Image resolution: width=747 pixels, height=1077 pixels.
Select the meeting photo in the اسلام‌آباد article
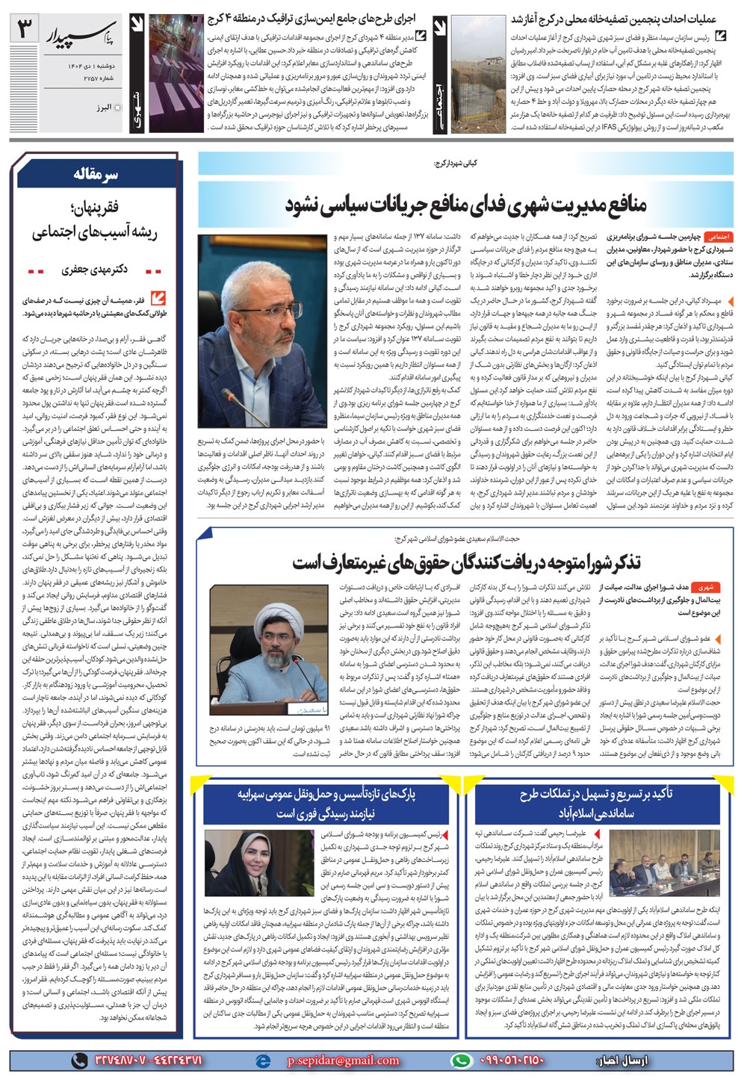coord(648,863)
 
